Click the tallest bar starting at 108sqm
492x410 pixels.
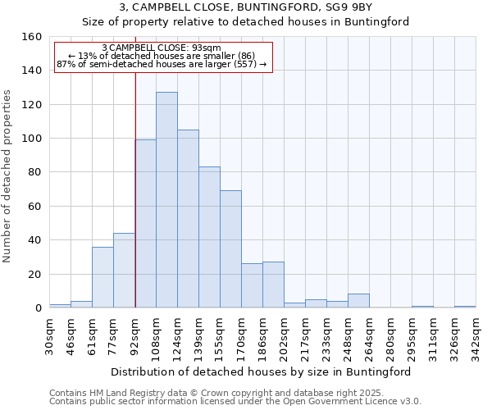[x=166, y=200]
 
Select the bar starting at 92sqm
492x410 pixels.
[x=145, y=224]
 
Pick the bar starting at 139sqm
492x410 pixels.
[x=209, y=238]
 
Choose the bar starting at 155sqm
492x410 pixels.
[x=230, y=249]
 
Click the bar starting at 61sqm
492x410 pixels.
[x=102, y=277]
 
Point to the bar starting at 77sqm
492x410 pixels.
[x=124, y=271]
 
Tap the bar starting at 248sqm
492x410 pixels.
[x=358, y=301]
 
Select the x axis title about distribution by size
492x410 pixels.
[x=261, y=371]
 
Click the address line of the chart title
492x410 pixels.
[x=245, y=7]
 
